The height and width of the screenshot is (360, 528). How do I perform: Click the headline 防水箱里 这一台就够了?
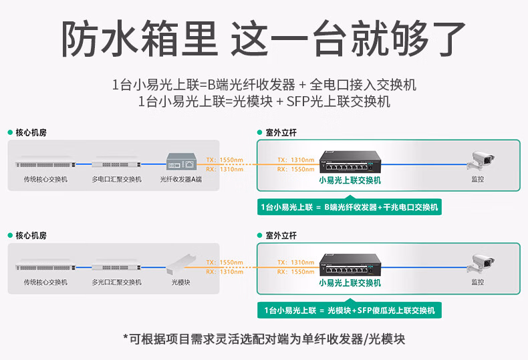[263, 38]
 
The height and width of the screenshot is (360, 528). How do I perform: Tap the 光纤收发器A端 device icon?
[181, 162]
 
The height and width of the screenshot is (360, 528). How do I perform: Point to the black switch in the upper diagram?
[350, 161]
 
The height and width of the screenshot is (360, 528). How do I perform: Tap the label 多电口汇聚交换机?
[116, 179]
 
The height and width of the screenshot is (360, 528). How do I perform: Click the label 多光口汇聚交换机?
[116, 283]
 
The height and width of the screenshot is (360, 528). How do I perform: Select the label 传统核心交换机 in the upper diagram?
[45, 179]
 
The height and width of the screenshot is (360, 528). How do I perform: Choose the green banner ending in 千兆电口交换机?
[350, 208]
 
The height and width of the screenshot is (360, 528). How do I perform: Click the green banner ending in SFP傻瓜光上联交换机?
[350, 311]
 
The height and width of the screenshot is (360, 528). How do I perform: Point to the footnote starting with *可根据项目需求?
[263, 339]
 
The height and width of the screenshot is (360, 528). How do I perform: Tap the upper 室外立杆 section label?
[281, 133]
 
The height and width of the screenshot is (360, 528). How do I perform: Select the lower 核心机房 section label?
[31, 236]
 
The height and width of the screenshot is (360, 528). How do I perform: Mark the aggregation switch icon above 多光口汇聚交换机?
[116, 266]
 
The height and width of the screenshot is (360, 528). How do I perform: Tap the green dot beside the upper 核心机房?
[10, 133]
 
